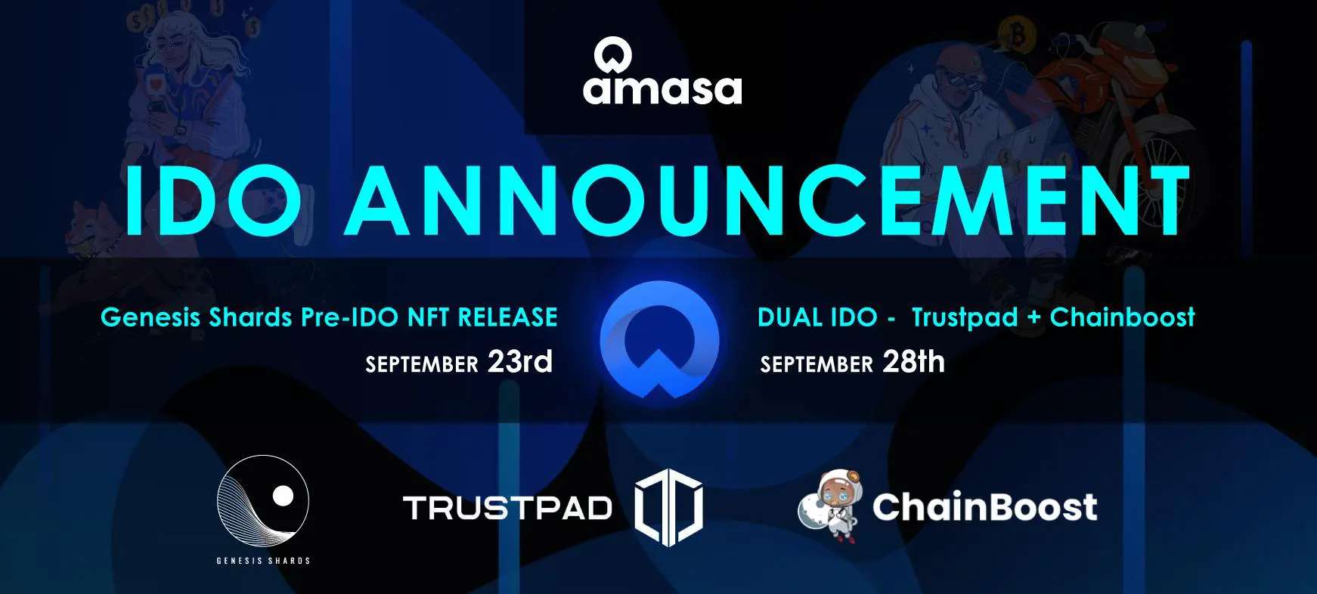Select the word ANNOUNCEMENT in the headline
767,200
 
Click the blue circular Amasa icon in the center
659,339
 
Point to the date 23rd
520,361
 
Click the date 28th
914,361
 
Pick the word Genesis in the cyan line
151,317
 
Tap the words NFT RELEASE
482,317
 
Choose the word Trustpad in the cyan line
965,317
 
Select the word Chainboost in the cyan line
1123,317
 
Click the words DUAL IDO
817,317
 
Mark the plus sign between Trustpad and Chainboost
1034,318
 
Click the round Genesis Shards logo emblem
263,500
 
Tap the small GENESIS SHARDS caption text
263,561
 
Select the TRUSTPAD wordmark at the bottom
507,508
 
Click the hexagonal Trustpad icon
668,507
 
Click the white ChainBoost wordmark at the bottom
984,506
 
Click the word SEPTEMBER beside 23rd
422,365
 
